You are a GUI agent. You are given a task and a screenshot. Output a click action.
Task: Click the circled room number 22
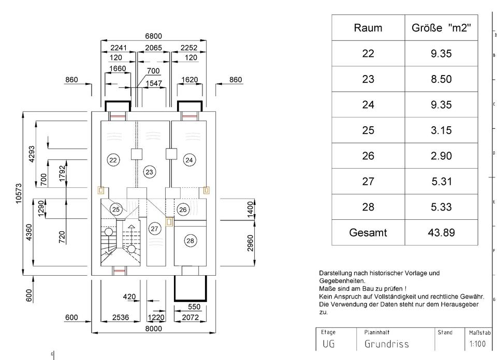pyautogui.click(x=113, y=160)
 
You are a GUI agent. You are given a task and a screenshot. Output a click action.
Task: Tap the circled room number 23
pyautogui.click(x=149, y=172)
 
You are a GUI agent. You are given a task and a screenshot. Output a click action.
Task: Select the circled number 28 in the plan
pyautogui.click(x=190, y=241)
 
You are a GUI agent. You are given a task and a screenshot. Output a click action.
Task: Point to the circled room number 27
pyautogui.click(x=154, y=229)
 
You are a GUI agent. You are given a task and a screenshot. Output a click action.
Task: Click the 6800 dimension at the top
pyautogui.click(x=153, y=36)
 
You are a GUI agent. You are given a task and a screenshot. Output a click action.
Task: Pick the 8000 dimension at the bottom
pyautogui.click(x=153, y=328)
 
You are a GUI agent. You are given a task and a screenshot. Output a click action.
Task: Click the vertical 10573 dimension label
pyautogui.click(x=19, y=193)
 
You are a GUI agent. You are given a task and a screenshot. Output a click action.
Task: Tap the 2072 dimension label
pyautogui.click(x=190, y=317)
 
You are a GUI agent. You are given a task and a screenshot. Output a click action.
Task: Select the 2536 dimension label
pyautogui.click(x=121, y=317)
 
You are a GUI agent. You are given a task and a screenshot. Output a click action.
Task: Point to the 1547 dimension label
pyautogui.click(x=154, y=83)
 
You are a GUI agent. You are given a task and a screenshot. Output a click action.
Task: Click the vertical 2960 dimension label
pyautogui.click(x=251, y=243)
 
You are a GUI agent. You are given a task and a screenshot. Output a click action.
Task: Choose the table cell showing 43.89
pyautogui.click(x=441, y=232)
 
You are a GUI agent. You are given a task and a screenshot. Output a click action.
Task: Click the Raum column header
pyautogui.click(x=368, y=28)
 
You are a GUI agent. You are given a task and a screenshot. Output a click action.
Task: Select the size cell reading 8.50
pyautogui.click(x=441, y=79)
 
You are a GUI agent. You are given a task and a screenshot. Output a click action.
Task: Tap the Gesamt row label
pyautogui.click(x=368, y=232)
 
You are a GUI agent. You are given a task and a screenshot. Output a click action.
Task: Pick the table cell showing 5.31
pyautogui.click(x=441, y=182)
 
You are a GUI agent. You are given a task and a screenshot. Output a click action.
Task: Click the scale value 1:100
pyautogui.click(x=477, y=344)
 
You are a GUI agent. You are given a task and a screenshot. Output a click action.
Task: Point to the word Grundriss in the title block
pyautogui.click(x=386, y=344)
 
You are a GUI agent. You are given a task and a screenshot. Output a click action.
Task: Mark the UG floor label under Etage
pyautogui.click(x=329, y=344)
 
